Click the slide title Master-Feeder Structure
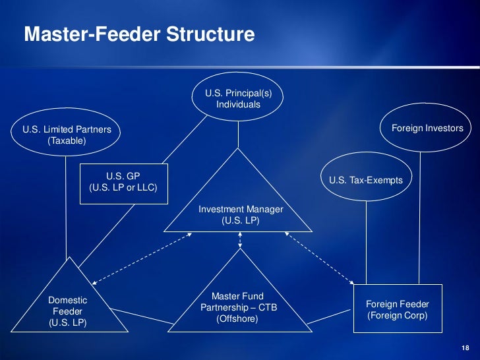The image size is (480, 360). click(x=138, y=34)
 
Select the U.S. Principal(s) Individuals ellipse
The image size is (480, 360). click(x=238, y=99)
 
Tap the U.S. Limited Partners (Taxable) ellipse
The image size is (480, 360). click(x=67, y=135)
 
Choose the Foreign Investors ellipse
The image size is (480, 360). click(x=427, y=128)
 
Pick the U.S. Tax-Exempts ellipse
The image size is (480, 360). click(x=365, y=180)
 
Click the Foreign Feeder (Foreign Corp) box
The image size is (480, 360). click(x=398, y=310)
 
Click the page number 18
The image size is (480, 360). click(x=465, y=348)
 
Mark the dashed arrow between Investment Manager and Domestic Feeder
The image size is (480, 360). click(x=140, y=258)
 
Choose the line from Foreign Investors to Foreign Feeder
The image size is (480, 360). click(x=418, y=218)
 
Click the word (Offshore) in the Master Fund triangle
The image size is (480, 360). click(x=237, y=318)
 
